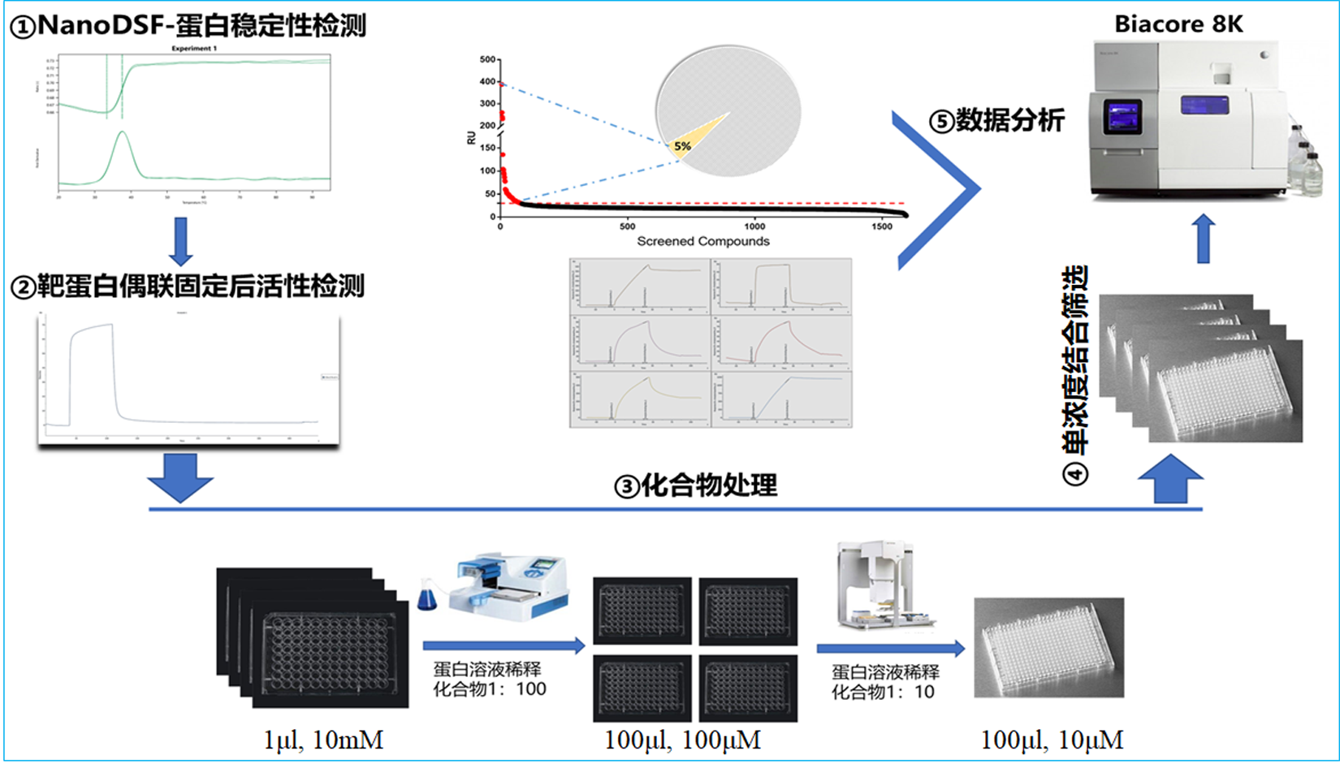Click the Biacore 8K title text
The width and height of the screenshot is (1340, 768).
(x=1178, y=24)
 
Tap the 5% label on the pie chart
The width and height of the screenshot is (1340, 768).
(x=682, y=146)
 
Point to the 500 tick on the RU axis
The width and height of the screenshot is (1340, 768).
(x=487, y=59)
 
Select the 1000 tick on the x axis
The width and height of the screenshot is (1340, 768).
(x=754, y=227)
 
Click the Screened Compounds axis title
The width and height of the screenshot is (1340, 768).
(x=702, y=241)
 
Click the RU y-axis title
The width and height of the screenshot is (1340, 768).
(x=471, y=138)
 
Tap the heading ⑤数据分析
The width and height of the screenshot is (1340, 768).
(x=996, y=121)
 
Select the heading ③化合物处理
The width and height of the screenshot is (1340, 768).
(x=695, y=485)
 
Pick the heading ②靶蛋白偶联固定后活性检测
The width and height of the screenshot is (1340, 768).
(x=188, y=286)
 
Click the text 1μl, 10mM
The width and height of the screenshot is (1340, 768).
(x=323, y=740)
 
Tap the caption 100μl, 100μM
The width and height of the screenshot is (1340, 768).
(x=682, y=740)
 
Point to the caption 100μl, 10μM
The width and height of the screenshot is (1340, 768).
(x=1052, y=740)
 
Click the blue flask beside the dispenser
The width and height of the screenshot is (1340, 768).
(x=426, y=598)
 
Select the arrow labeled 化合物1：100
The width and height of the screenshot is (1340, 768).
(x=504, y=645)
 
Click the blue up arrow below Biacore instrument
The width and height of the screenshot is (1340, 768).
(x=1204, y=238)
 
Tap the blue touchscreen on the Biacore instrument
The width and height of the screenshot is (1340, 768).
(x=1122, y=117)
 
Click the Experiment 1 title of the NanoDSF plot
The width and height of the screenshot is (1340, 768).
(x=194, y=49)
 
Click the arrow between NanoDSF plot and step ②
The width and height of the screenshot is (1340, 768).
(x=180, y=240)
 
